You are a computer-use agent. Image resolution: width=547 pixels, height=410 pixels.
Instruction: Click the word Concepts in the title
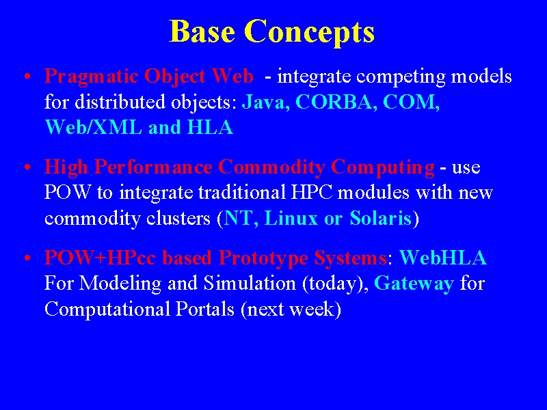[309, 32]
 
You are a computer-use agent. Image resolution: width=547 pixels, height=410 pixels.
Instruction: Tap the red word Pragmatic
[91, 77]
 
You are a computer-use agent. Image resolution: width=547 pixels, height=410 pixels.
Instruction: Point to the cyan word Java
[265, 102]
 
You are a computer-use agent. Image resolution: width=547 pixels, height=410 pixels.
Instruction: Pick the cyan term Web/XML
[94, 127]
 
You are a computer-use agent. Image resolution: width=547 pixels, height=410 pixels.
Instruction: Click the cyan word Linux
[291, 218]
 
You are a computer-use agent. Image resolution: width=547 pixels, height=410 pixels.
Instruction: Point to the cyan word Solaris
[381, 218]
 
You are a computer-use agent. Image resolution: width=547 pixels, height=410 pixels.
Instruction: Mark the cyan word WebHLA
[442, 258]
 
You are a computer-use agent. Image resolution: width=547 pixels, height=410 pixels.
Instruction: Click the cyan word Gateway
[414, 284]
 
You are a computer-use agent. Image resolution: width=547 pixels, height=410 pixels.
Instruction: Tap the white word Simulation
[250, 283]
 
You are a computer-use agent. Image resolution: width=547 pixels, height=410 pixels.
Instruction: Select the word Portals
[204, 309]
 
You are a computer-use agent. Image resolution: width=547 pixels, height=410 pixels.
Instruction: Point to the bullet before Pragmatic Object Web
[27, 77]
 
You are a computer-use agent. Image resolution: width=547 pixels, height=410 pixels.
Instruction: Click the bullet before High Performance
[27, 167]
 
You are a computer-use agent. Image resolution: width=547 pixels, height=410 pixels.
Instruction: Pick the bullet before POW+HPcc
[27, 259]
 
